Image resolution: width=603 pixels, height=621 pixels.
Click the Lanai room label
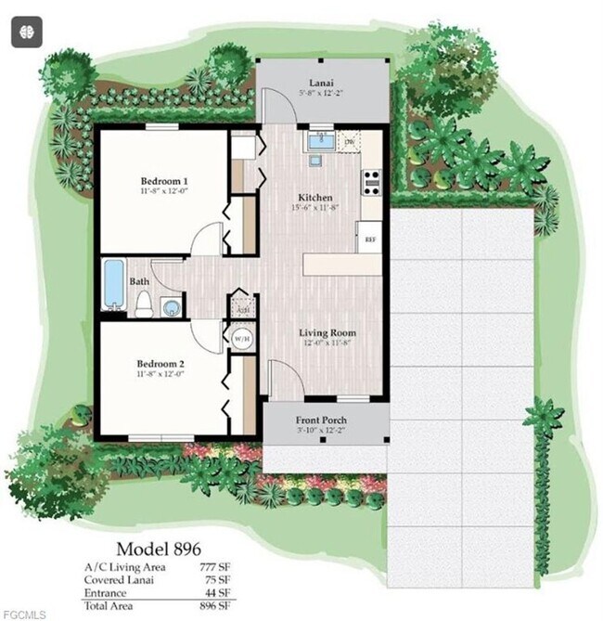tap(321, 82)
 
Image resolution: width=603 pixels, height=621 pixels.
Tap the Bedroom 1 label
tap(164, 180)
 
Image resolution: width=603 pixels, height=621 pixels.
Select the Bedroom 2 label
tap(162, 363)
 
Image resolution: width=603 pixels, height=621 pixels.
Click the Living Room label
tap(327, 332)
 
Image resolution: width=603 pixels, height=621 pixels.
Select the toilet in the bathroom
tap(144, 303)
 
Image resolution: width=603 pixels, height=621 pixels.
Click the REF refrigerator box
tap(369, 239)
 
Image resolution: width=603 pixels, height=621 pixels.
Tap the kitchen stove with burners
tap(371, 179)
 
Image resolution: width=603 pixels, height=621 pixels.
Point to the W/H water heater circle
tap(242, 338)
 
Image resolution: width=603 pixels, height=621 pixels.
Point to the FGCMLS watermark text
tap(20, 614)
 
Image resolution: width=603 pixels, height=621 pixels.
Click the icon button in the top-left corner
tap(25, 32)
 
